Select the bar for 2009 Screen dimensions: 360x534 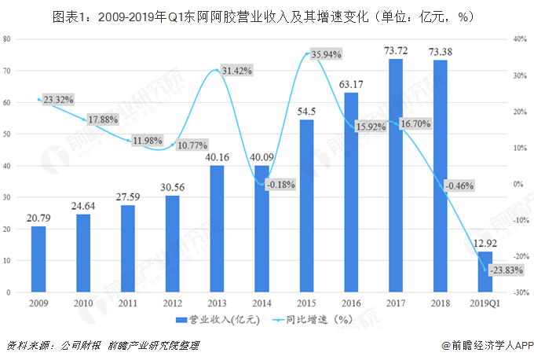pyautogui.click(x=38, y=259)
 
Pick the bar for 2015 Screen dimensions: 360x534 pyautogui.click(x=306, y=206)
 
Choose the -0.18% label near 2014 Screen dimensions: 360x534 pyautogui.click(x=280, y=184)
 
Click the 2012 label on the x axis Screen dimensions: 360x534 pyautogui.click(x=172, y=303)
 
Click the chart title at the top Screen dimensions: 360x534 pyautogui.click(x=267, y=13)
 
